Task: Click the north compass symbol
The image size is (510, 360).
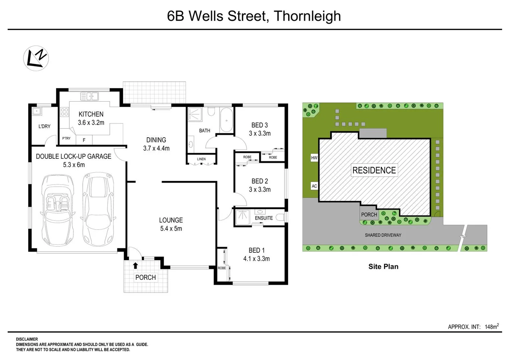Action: (x=36, y=58)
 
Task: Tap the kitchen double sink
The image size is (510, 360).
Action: (x=89, y=96)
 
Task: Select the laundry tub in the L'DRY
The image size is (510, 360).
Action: (x=36, y=111)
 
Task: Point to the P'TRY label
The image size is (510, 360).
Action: (x=66, y=138)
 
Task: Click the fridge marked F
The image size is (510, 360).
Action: (x=84, y=140)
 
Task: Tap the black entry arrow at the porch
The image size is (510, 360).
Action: (x=135, y=266)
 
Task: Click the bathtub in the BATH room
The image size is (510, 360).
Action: (x=227, y=120)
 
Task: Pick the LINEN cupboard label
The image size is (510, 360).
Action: (x=201, y=159)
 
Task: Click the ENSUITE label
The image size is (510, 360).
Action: (x=264, y=218)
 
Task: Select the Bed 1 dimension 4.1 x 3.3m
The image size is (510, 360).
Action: (x=257, y=259)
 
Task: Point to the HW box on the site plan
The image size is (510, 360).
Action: (x=314, y=158)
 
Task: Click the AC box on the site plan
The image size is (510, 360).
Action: (x=314, y=186)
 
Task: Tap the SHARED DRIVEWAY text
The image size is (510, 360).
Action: (x=383, y=235)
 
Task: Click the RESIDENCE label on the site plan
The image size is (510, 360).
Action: (x=374, y=170)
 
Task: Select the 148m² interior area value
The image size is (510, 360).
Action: (x=492, y=326)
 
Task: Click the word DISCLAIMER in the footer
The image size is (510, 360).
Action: (x=27, y=339)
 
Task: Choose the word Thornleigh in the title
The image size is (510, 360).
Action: (x=307, y=16)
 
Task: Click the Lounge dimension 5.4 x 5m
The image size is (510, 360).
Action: (x=171, y=229)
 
